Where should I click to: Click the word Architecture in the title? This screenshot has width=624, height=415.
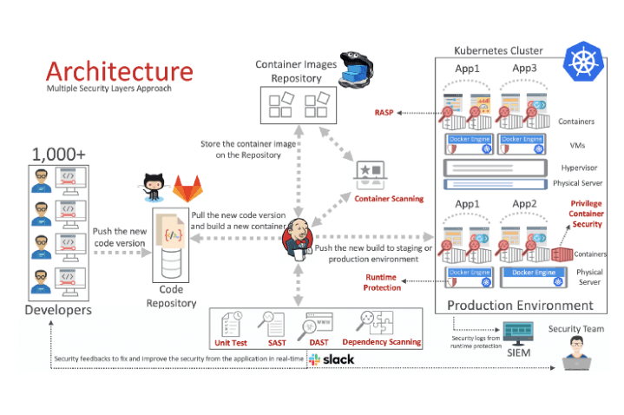pos(120,70)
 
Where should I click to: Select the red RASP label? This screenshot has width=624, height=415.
pos(385,112)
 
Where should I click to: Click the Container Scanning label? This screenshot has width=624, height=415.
pos(389,199)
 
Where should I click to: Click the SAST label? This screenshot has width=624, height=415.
pos(277,342)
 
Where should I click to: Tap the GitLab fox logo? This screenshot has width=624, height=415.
pos(184,188)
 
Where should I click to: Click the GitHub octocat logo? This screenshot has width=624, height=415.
pos(153,183)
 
